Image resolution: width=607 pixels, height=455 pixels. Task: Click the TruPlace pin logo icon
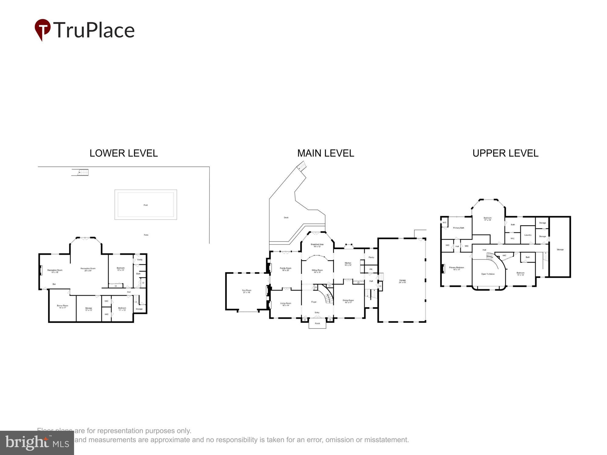coord(42,29)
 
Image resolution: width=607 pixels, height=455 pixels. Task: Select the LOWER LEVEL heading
coord(124,153)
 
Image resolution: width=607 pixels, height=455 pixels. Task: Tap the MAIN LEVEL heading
coord(325,153)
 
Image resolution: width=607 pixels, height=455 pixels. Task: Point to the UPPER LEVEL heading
coord(505,153)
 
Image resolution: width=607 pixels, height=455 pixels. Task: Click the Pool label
coord(145,205)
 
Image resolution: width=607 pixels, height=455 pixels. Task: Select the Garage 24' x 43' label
coord(402,281)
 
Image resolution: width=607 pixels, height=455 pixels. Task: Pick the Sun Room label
coord(246,291)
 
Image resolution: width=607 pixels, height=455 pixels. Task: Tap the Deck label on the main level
coord(286,217)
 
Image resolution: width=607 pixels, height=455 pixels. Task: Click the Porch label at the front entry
coord(317,323)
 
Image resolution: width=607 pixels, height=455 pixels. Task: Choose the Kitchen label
coord(348,264)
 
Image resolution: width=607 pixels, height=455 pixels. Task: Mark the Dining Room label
coord(348,301)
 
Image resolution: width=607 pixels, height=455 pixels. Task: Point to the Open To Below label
coord(488,274)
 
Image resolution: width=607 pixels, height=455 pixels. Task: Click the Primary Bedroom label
coord(456,268)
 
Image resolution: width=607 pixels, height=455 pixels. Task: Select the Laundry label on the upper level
coord(528,235)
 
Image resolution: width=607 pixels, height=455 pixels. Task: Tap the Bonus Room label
coord(63,307)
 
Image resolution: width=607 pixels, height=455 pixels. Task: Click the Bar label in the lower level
coord(54,284)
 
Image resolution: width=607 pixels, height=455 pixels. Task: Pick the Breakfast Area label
coord(317,245)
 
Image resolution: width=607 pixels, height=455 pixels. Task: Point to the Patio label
coord(146,235)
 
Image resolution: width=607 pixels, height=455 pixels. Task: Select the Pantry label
coord(371,257)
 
